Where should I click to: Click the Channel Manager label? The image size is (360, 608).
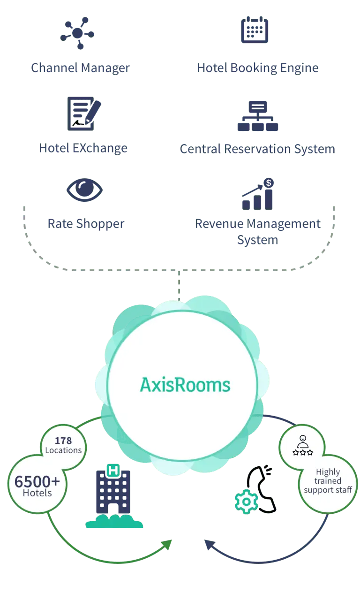click(x=80, y=68)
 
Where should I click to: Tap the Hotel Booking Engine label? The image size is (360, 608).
click(x=257, y=68)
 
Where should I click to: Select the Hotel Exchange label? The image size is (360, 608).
click(x=83, y=148)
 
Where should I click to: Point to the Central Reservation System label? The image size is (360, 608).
click(x=258, y=149)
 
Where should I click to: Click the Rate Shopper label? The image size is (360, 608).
click(x=85, y=223)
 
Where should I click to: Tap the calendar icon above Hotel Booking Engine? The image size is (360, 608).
click(x=255, y=30)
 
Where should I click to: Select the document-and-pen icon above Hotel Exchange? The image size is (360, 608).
click(x=83, y=113)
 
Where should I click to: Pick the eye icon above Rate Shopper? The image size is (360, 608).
click(x=84, y=190)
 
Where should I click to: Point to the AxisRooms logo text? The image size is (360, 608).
click(x=185, y=385)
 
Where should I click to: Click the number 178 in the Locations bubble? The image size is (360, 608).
click(x=63, y=441)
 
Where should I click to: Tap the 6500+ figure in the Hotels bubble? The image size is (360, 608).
click(x=37, y=481)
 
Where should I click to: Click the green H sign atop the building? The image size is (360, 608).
click(x=112, y=469)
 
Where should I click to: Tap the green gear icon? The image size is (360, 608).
click(x=246, y=502)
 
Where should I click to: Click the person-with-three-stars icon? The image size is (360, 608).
click(x=302, y=446)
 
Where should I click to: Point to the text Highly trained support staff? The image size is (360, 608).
click(x=328, y=481)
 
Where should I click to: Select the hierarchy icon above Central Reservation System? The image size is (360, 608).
click(x=258, y=116)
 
